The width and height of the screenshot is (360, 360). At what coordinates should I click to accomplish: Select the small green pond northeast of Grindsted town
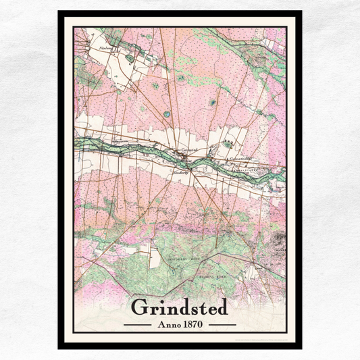tap(213, 103)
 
